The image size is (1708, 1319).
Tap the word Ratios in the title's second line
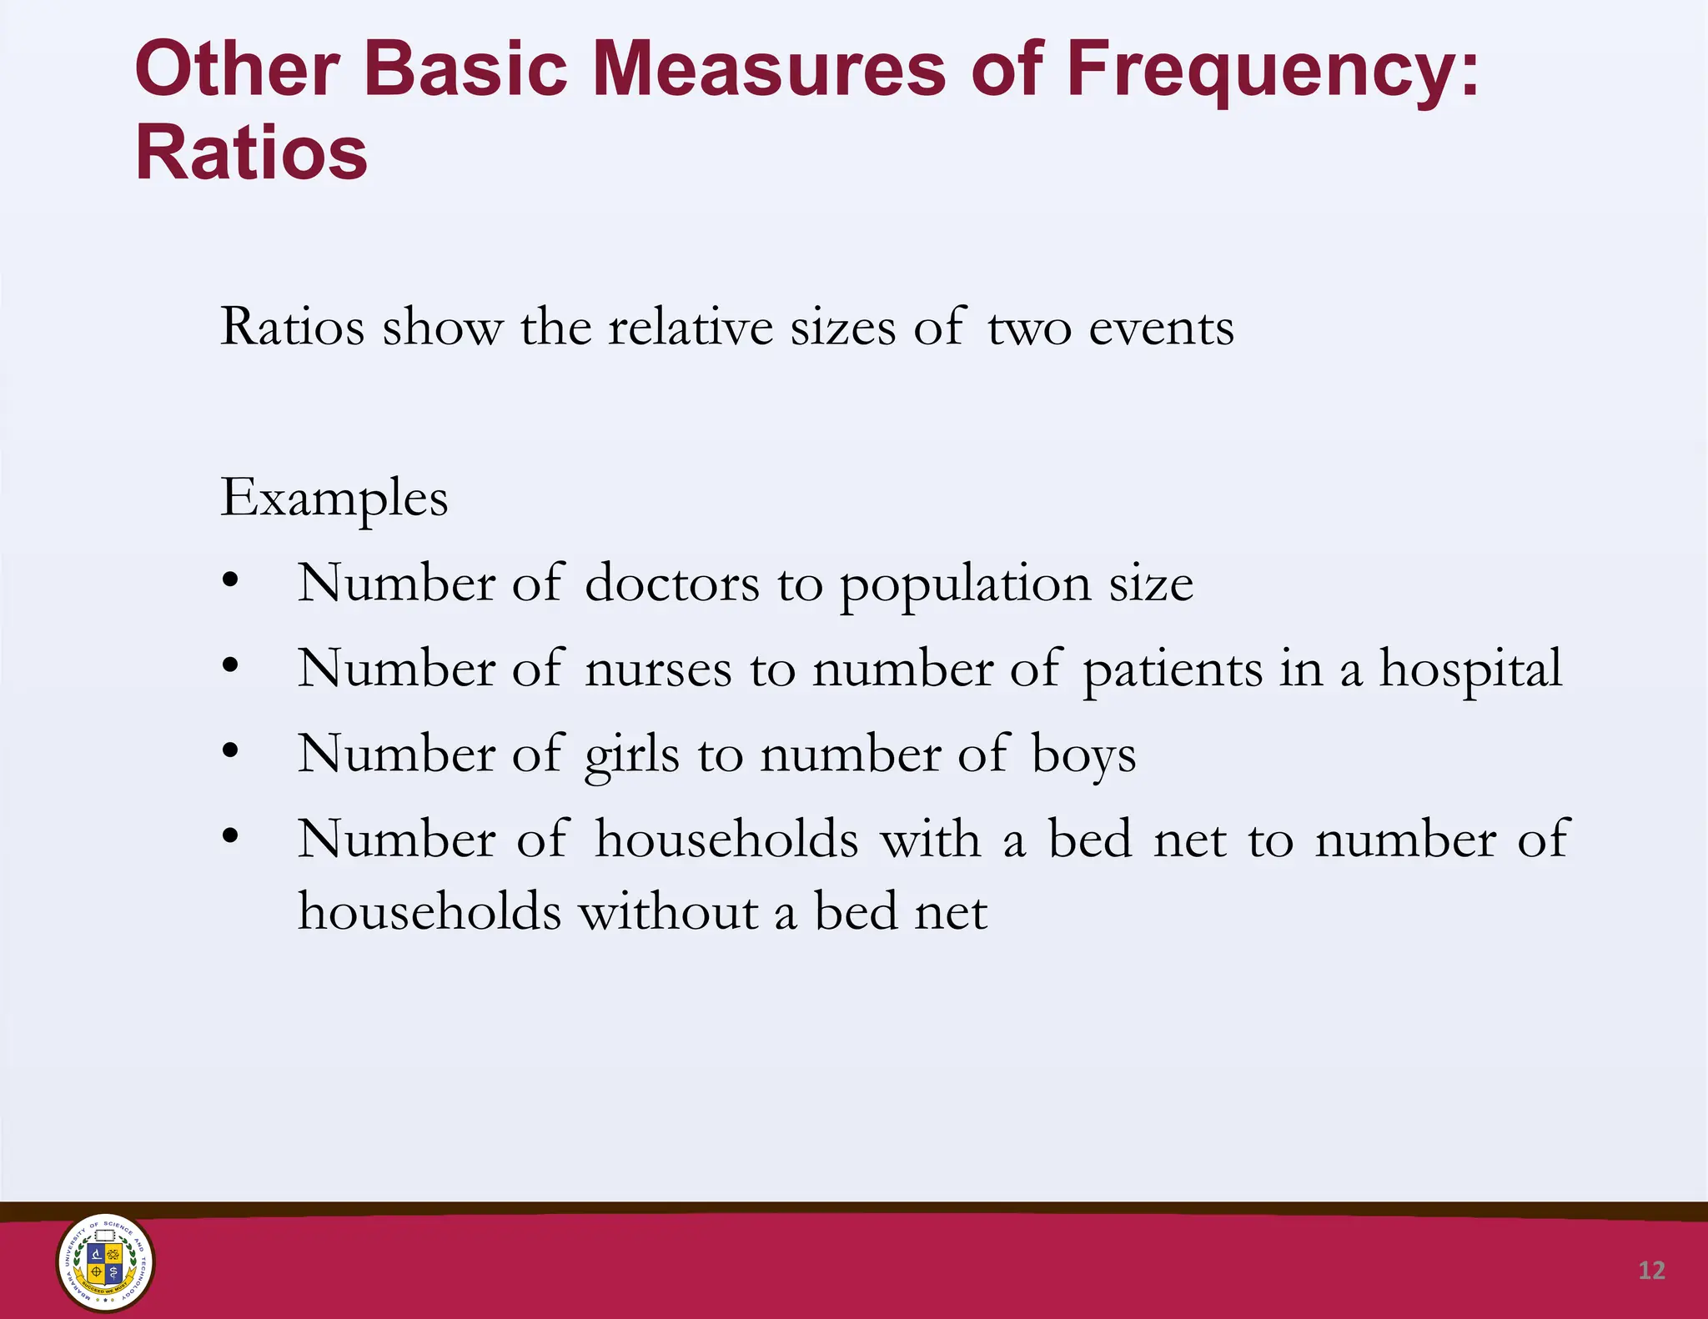(251, 153)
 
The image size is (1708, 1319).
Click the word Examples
(334, 499)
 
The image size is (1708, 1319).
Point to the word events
(1161, 327)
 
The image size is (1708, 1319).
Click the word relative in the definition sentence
(691, 327)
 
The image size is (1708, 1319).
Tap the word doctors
(672, 583)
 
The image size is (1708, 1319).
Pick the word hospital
(1470, 670)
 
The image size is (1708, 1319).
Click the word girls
(631, 755)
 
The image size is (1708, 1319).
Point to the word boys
(1083, 755)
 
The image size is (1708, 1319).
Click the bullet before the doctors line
(231, 580)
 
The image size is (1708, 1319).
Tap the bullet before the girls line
(231, 751)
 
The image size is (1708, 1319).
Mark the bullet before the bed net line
(231, 836)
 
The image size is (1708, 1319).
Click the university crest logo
(105, 1262)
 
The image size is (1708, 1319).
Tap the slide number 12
(1651, 1270)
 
